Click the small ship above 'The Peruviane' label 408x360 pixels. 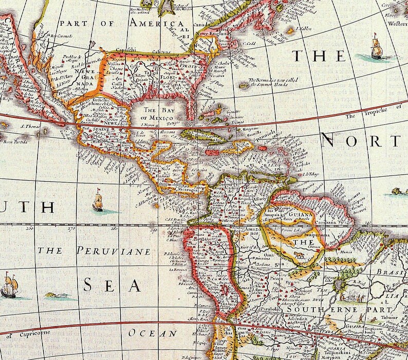(98, 201)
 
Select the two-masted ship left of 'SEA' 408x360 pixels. (9, 286)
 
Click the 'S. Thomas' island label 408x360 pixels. (30, 124)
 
